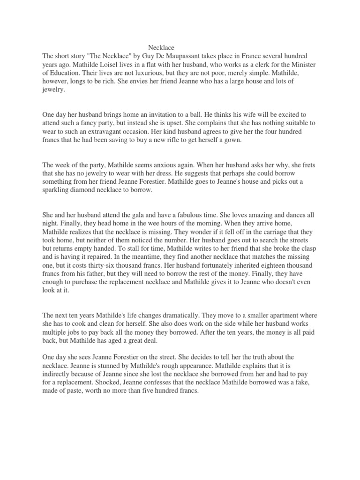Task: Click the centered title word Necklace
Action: click(x=161, y=48)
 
